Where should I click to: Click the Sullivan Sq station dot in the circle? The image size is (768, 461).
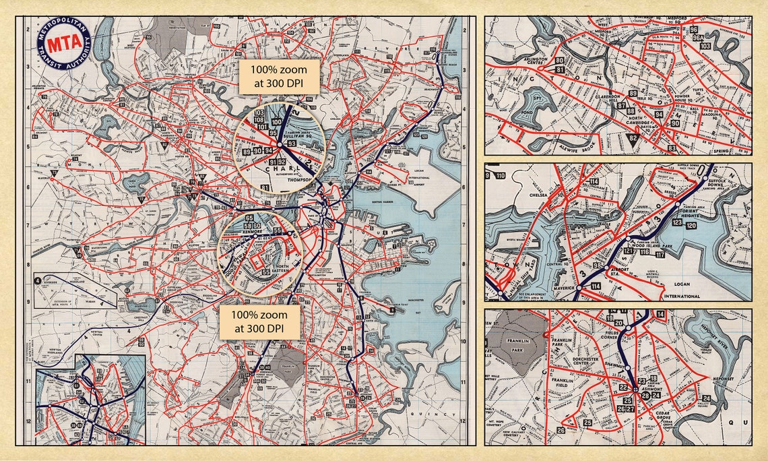point(279,144)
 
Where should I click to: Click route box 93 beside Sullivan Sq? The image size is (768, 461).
point(291,144)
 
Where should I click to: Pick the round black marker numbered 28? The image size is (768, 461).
point(645,396)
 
